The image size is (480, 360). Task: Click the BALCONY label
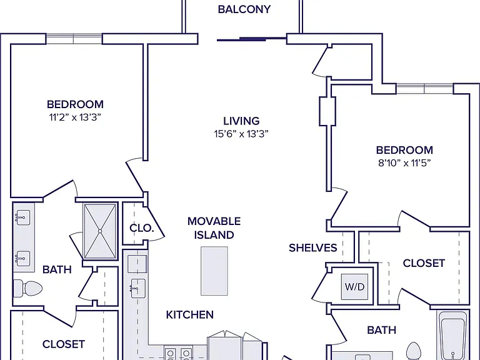[x=244, y=9]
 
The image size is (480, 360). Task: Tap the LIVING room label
[x=241, y=121]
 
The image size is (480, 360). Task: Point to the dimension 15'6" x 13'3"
[x=241, y=134]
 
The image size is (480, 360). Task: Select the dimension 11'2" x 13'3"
[x=75, y=117]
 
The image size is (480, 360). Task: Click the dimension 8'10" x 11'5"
[x=404, y=163]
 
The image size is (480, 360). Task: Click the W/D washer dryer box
[x=355, y=286]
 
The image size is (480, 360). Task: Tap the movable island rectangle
[x=214, y=271]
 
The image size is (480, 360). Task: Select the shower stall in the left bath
[x=100, y=231]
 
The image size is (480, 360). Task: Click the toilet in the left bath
[x=28, y=288]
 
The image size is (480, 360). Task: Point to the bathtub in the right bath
[x=453, y=336]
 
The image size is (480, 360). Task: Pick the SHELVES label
[x=313, y=247]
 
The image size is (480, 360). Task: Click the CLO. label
[x=141, y=228]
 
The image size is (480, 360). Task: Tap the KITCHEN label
[x=190, y=315]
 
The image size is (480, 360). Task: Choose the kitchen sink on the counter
[x=137, y=288]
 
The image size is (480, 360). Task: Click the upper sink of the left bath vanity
[x=23, y=217]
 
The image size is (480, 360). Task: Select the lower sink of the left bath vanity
[x=23, y=259]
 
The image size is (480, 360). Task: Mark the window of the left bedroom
[x=74, y=39]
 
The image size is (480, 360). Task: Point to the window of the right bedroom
[x=424, y=89]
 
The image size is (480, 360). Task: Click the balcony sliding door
[x=252, y=39]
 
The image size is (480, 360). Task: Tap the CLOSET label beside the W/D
[x=424, y=263]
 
